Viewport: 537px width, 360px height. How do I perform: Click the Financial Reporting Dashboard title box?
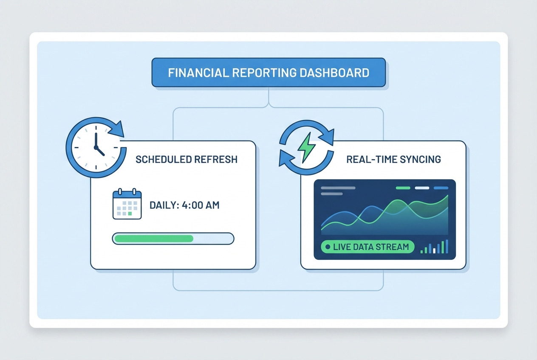268,73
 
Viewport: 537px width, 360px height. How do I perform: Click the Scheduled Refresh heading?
187,160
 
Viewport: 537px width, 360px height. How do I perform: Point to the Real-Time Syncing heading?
393,160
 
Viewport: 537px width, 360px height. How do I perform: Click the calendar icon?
127,205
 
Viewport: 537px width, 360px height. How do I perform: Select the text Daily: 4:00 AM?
184,205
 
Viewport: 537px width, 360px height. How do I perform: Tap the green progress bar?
154,239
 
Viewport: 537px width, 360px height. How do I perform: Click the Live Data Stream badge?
367,247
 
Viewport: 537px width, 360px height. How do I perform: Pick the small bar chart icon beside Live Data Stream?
434,247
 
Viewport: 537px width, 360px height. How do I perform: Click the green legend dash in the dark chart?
403,188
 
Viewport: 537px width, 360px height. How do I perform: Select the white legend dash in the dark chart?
422,188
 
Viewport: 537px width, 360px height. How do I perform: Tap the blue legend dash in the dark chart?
441,188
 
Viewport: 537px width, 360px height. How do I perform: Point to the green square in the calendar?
130,214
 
